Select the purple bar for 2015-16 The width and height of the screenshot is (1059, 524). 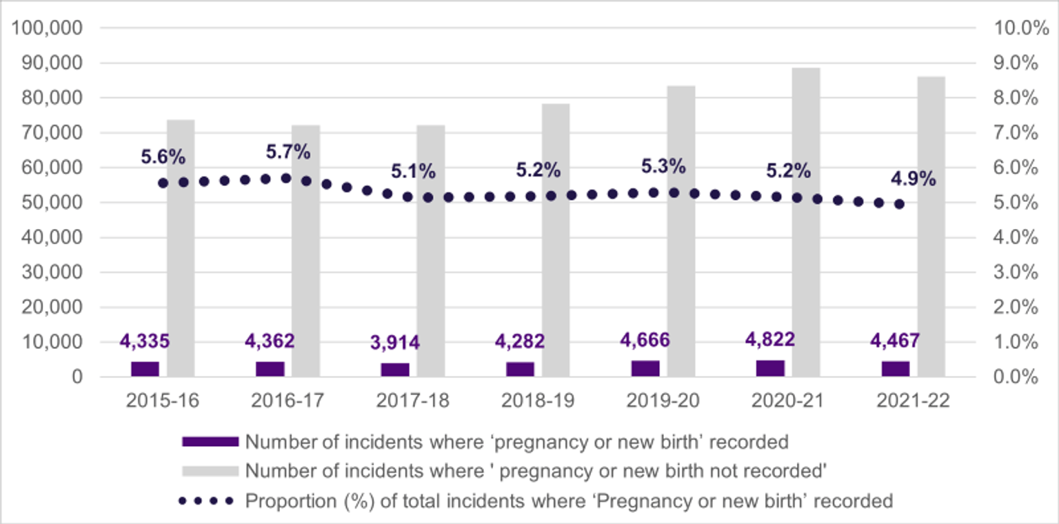(145, 369)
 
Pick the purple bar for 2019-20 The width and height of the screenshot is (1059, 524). (645, 368)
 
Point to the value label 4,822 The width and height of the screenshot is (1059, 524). (770, 340)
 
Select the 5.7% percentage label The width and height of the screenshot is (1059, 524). (288, 152)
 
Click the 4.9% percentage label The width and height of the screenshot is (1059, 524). (914, 180)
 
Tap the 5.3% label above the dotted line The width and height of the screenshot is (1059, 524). (663, 166)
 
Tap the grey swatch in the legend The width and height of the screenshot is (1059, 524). (210, 471)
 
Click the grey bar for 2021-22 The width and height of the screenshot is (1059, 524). (931, 227)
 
